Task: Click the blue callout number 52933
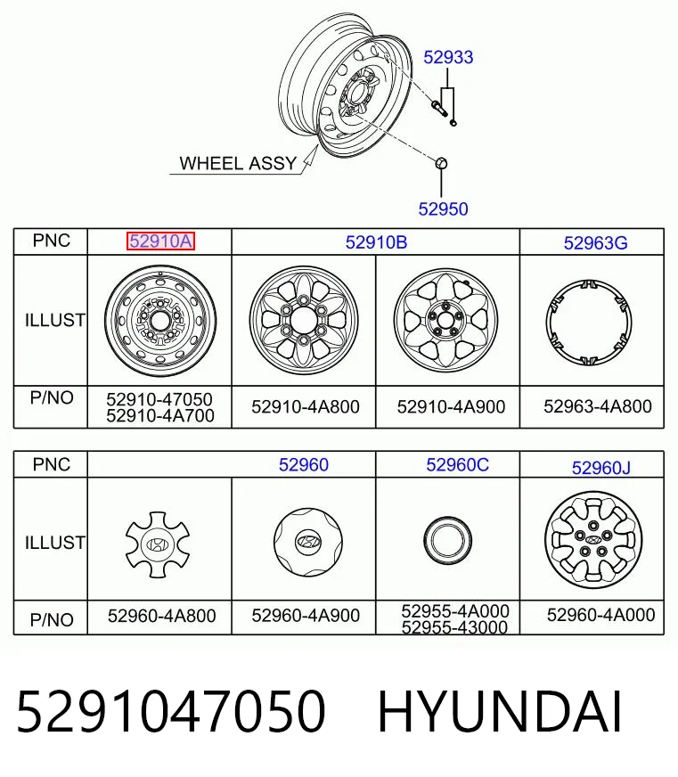[448, 58]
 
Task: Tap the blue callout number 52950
[443, 209]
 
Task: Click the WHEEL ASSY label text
[238, 163]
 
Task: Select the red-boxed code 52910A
[160, 241]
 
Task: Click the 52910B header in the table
[376, 242]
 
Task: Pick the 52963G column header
[596, 242]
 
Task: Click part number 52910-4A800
[306, 407]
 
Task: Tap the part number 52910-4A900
[451, 407]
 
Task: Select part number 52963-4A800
[598, 406]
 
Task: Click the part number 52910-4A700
[160, 416]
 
